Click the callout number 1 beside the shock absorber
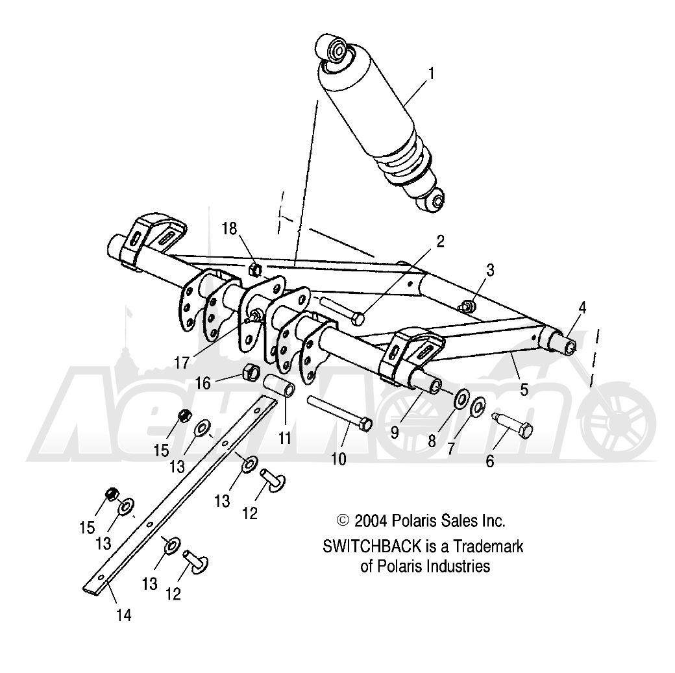click(x=430, y=74)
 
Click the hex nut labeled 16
click(x=251, y=373)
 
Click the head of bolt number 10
click(x=364, y=424)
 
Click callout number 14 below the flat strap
click(x=123, y=614)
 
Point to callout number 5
click(x=523, y=389)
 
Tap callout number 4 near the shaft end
click(x=582, y=308)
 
